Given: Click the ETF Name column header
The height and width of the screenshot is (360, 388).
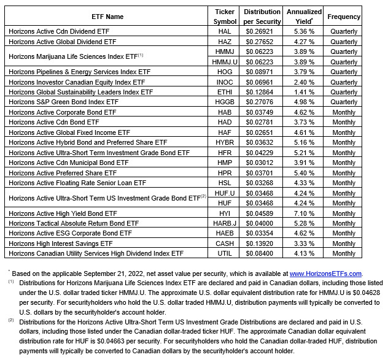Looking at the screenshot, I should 107,17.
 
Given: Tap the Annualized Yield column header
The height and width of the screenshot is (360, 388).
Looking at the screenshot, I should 304,16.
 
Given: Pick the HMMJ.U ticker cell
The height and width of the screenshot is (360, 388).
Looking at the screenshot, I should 225,62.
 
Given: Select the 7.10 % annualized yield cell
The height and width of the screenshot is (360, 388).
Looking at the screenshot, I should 304,213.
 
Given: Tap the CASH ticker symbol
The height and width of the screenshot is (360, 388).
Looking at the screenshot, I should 225,243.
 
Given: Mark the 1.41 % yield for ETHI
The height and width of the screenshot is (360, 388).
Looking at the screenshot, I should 304,92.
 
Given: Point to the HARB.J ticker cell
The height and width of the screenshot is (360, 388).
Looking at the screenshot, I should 225,223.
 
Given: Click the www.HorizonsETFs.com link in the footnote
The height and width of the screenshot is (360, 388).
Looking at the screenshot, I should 325,274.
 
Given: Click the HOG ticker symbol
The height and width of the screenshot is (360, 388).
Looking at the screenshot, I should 225,72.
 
